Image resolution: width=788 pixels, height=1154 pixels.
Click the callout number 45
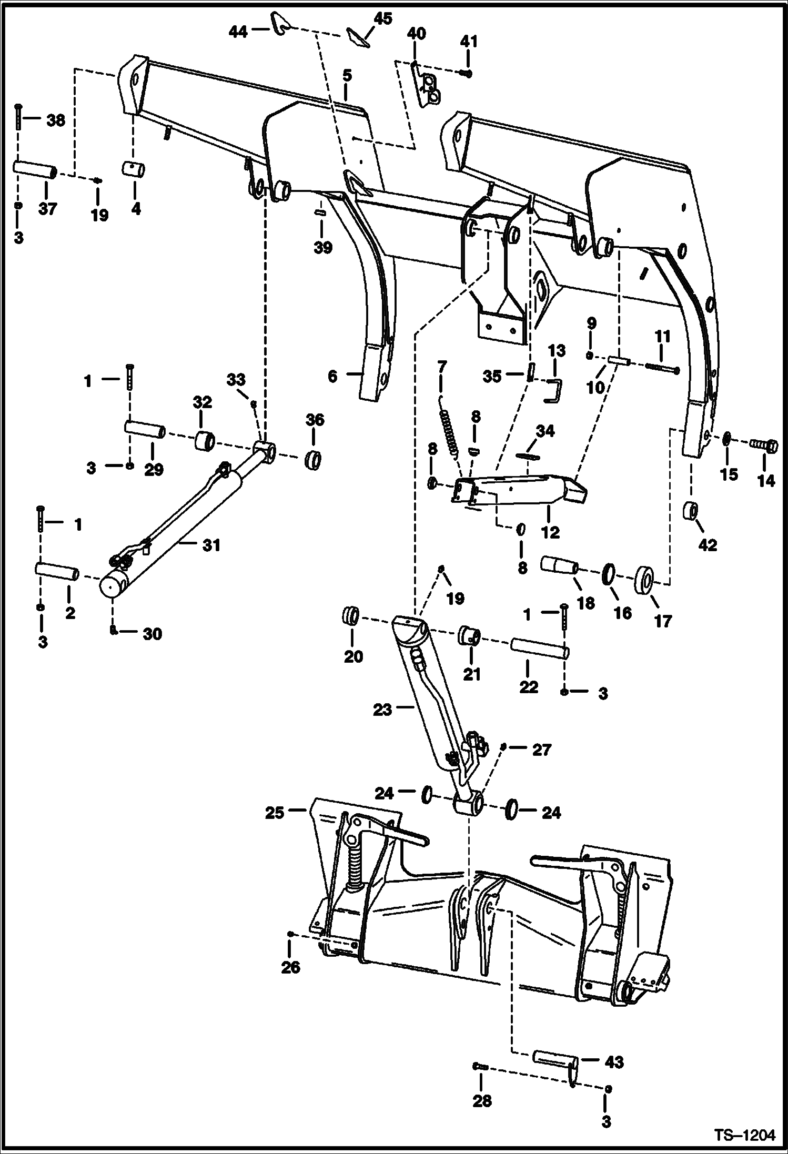click(383, 19)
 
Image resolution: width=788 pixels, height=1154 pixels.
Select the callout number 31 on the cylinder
click(211, 545)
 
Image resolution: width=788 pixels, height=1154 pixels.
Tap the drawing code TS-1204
click(744, 1136)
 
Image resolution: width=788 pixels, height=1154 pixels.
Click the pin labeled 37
click(35, 171)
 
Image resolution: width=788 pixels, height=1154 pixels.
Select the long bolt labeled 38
click(19, 117)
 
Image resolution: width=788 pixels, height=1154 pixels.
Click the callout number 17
click(663, 621)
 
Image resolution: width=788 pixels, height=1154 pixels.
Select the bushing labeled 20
click(351, 614)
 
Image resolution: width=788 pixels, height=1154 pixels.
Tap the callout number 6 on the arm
click(332, 376)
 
